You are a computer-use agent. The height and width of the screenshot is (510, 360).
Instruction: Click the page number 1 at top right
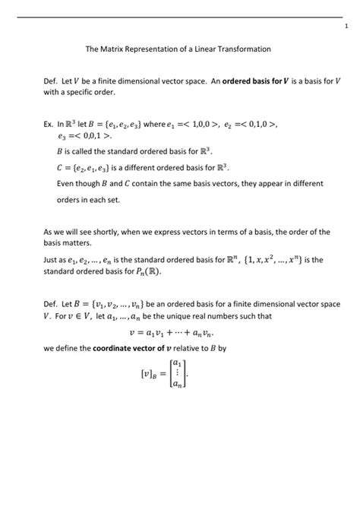[x=345, y=27]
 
